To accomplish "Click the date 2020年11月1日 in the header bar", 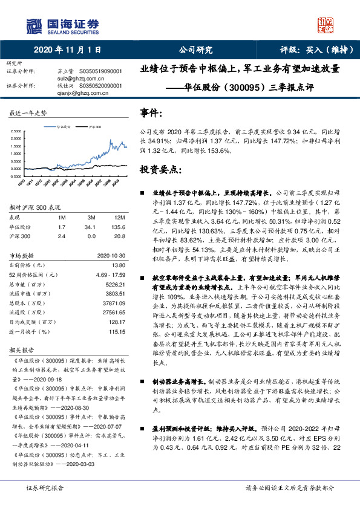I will pyautogui.click(x=67, y=50).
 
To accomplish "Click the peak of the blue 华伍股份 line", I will pyautogui.click(x=110, y=140).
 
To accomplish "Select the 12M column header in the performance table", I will pyautogui.click(x=119, y=217).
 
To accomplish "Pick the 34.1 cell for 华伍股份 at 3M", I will pyautogui.click(x=92, y=227).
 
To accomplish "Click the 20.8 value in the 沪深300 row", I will pyautogui.click(x=120, y=237).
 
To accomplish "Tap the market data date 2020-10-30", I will pyautogui.click(x=113, y=255).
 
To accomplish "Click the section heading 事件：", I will pyautogui.click(x=151, y=112).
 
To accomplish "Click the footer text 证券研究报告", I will pyautogui.click(x=45, y=487).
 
